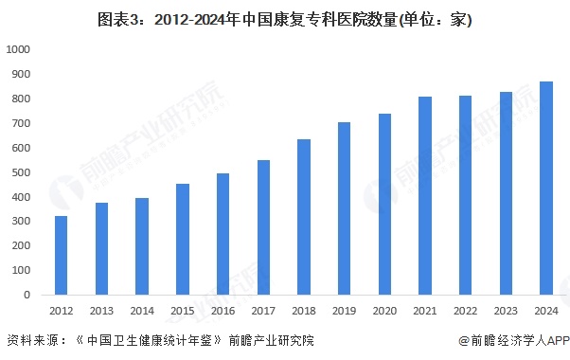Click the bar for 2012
tap(62, 256)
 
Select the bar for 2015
tap(183, 240)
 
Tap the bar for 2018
tap(304, 217)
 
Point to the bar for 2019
tap(345, 208)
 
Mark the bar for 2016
tap(223, 234)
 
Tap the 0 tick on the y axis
tap(27, 295)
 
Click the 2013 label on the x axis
tap(101, 311)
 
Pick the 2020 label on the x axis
tap(384, 311)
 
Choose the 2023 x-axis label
tap(506, 311)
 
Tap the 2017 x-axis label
tap(263, 311)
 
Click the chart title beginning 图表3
tap(237, 18)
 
